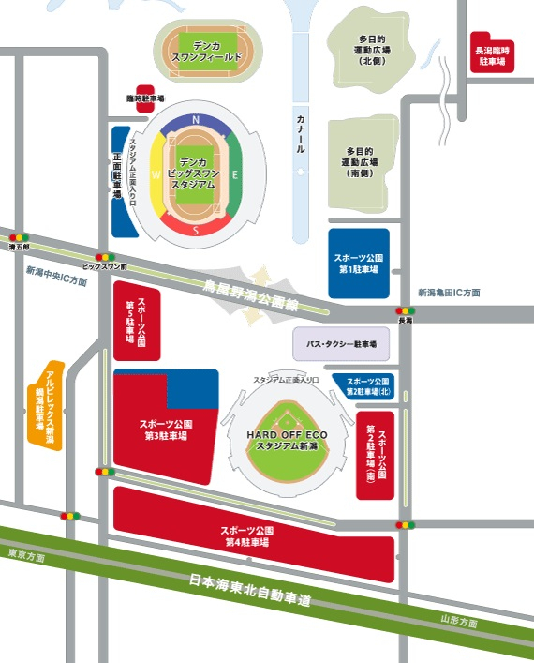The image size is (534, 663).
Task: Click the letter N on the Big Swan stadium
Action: click(x=196, y=120)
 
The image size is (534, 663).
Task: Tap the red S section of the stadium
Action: click(x=196, y=228)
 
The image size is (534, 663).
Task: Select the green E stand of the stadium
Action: click(x=235, y=174)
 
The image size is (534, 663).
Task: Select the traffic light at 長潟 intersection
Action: click(x=405, y=310)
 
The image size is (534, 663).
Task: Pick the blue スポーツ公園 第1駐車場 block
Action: click(x=358, y=264)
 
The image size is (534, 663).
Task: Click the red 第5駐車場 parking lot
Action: click(x=137, y=324)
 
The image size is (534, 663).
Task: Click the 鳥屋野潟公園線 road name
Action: click(x=250, y=291)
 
